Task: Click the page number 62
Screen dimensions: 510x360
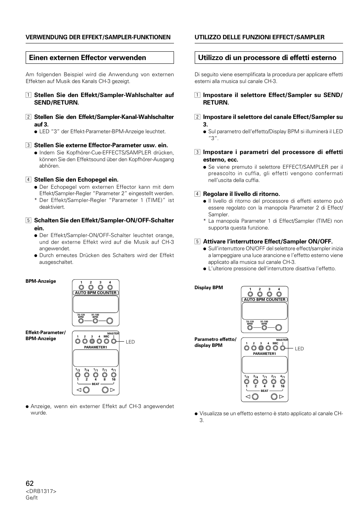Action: [x=30, y=483]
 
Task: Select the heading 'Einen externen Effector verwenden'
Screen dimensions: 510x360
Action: [x=88, y=58]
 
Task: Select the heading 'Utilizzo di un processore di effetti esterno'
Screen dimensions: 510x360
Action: [x=267, y=58]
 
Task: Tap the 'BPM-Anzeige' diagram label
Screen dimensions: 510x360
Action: [x=41, y=281]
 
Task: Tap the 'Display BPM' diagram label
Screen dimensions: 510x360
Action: [x=209, y=288]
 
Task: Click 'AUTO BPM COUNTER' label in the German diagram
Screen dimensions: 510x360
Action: [x=96, y=293]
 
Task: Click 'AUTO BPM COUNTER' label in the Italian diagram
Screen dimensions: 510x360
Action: [x=265, y=300]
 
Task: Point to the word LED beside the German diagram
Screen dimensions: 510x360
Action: [x=130, y=342]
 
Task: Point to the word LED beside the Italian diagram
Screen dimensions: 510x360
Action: [x=299, y=349]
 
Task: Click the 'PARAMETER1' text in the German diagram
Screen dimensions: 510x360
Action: [x=95, y=347]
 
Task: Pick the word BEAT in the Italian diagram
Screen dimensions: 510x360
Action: [x=265, y=391]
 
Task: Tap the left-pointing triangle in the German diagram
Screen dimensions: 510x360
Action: [x=79, y=390]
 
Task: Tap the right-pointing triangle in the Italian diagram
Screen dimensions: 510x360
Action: [x=282, y=397]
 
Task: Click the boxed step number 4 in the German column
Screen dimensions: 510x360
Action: [x=28, y=180]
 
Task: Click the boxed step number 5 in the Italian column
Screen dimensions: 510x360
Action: [x=197, y=242]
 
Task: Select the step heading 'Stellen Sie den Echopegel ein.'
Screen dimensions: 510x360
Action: [x=76, y=180]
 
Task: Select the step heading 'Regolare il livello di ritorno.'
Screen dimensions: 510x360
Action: [x=242, y=194]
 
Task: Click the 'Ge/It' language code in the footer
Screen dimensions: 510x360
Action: [x=32, y=498]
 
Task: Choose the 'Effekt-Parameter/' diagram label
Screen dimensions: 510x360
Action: [x=46, y=333]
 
